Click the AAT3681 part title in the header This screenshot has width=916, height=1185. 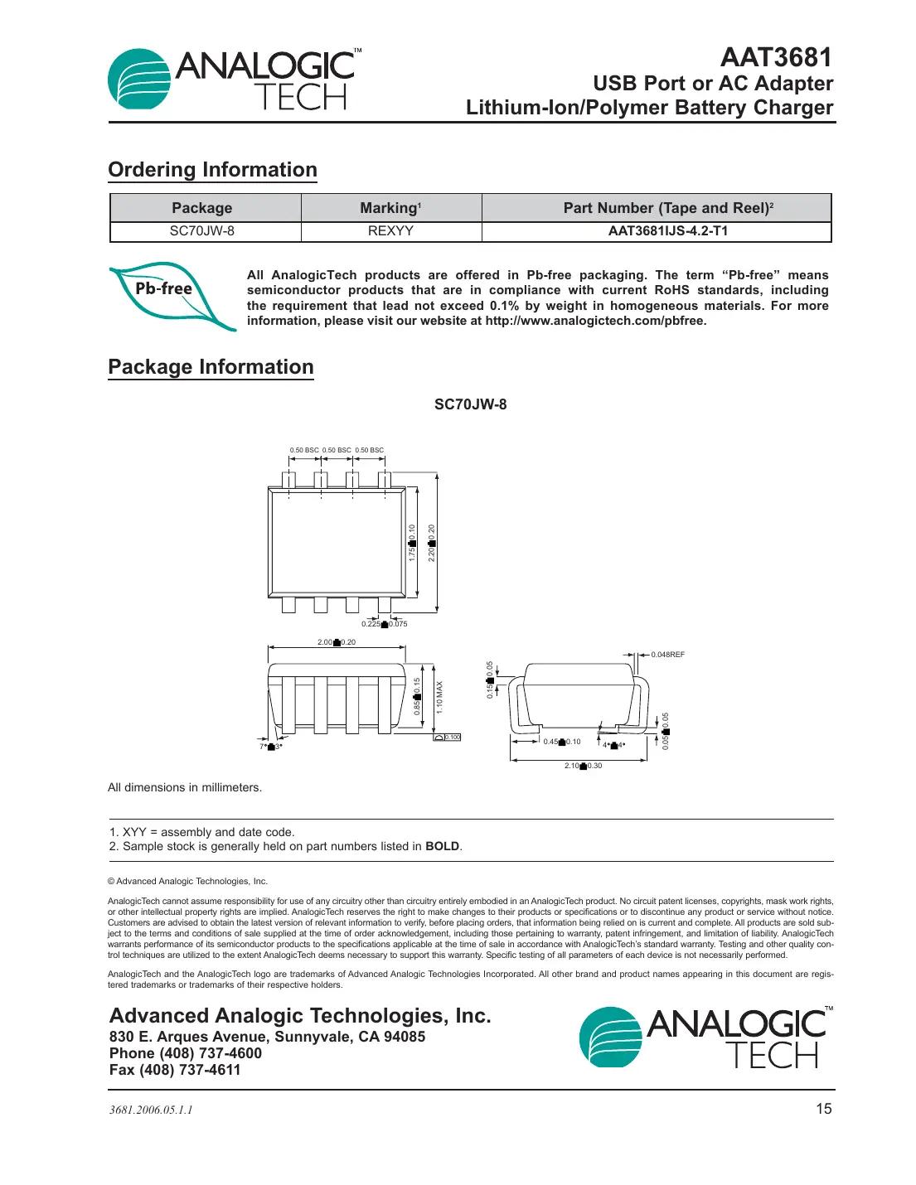click(775, 57)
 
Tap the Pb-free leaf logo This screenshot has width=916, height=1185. click(172, 295)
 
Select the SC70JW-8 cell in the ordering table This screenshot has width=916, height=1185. click(202, 231)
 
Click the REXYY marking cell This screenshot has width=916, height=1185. click(390, 231)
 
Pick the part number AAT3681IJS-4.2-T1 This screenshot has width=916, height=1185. click(667, 231)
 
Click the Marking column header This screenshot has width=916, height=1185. click(390, 208)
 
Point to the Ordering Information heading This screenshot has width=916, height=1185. click(212, 170)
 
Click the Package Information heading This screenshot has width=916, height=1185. click(211, 367)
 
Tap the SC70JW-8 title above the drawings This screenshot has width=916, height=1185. click(470, 404)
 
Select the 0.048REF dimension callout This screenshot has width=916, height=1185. click(667, 655)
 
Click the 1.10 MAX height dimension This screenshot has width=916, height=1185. click(440, 697)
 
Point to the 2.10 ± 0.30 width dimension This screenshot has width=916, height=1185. click(583, 766)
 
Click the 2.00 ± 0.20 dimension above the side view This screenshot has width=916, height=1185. click(337, 642)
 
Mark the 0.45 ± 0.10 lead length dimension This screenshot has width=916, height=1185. click(562, 742)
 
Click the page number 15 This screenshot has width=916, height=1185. click(823, 1109)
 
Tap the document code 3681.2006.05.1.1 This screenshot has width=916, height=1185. click(151, 1110)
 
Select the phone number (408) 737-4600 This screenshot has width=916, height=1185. click(211, 1053)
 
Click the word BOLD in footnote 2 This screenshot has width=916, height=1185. click(442, 846)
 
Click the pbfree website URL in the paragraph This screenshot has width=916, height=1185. click(595, 321)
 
